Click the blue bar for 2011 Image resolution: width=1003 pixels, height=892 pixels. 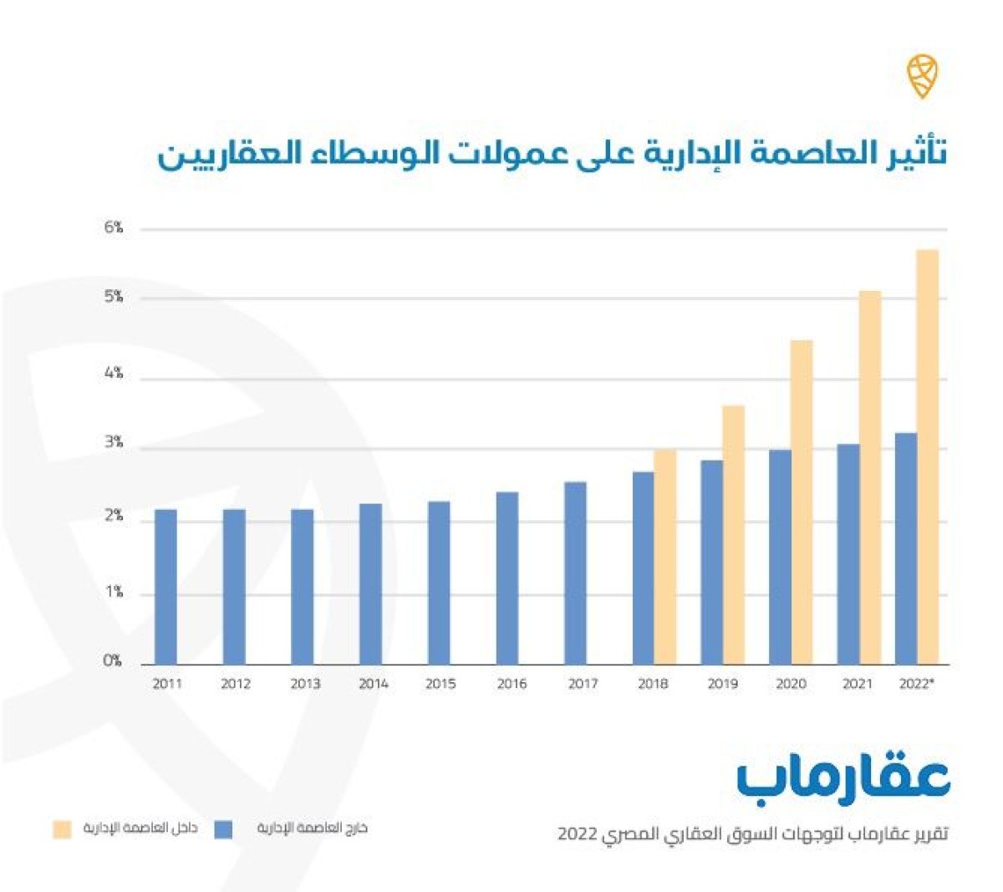coord(165,587)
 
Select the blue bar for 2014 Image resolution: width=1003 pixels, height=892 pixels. coord(370,584)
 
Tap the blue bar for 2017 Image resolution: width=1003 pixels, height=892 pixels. coord(575,573)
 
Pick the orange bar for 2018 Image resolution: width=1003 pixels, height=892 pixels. coord(665,557)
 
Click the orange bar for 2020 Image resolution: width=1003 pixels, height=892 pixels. coord(802,502)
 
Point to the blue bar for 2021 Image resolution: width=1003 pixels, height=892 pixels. coord(848,554)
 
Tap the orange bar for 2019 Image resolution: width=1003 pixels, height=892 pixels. coord(733,535)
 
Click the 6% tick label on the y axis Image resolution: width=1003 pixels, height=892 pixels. coord(114,227)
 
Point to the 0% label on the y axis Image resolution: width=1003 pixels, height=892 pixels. coord(113,661)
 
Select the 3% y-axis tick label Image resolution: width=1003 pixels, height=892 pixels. coord(114,443)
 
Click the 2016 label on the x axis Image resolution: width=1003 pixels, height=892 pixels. coord(512,684)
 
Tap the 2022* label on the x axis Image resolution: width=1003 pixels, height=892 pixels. coord(916,684)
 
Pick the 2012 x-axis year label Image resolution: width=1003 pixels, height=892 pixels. coord(236,684)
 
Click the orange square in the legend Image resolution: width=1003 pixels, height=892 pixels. coord(63,829)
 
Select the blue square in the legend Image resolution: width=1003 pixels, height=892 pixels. coord(223,829)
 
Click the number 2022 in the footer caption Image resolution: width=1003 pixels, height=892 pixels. coord(578,834)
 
